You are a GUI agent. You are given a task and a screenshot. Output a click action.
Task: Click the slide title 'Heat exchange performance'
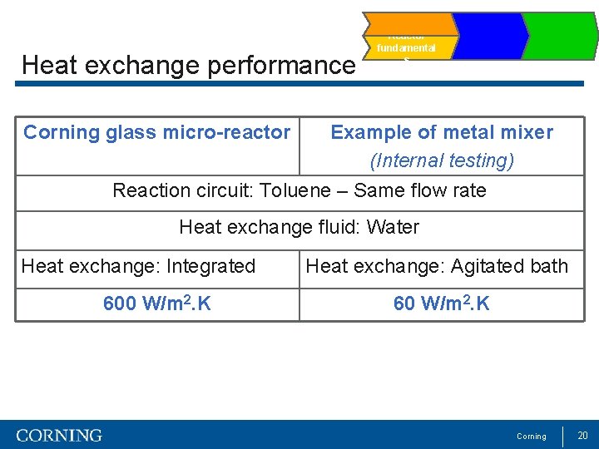188,65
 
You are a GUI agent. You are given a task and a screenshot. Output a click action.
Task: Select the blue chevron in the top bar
488,36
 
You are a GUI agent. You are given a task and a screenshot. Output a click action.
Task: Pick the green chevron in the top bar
560,36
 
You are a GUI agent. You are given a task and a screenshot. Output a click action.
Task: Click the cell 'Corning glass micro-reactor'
157,132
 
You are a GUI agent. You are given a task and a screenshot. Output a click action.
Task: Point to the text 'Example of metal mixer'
441,132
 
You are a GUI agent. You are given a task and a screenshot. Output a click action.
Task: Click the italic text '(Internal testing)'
441,160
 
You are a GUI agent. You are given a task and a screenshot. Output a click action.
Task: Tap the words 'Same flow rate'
419,190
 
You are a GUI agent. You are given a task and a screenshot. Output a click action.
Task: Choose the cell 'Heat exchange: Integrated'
138,266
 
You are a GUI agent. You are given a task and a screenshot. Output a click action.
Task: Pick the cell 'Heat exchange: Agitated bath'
437,266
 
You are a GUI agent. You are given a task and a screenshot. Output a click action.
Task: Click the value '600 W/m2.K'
157,304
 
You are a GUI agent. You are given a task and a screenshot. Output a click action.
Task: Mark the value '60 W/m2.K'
441,304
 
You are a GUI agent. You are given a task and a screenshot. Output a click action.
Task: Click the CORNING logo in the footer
59,436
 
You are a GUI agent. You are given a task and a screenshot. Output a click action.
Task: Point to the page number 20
582,436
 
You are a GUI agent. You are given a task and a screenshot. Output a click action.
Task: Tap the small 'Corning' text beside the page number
532,437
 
